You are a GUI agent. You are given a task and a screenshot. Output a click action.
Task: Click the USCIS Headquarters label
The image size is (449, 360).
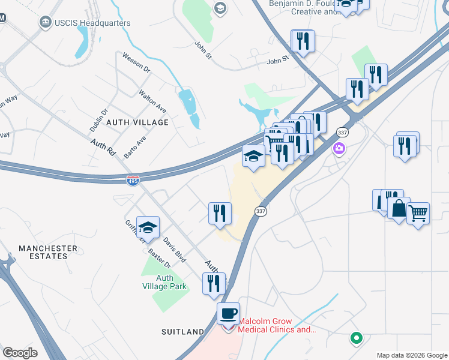pyautogui.click(x=92, y=23)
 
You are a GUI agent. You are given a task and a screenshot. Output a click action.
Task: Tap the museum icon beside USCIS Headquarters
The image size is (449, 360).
pyautogui.click(x=45, y=23)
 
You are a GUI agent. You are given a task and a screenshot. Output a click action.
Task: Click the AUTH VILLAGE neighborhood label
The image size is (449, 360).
pyautogui.click(x=137, y=122)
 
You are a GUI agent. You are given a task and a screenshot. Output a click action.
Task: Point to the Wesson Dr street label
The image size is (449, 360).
pyautogui.click(x=136, y=62)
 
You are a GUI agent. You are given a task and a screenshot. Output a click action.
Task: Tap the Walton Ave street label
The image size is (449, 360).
pyautogui.click(x=152, y=101)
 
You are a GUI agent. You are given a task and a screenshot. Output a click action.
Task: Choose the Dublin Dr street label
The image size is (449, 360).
pyautogui.click(x=98, y=120)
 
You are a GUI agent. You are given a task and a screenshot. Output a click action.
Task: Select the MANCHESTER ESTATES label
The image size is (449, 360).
pyautogui.click(x=47, y=252)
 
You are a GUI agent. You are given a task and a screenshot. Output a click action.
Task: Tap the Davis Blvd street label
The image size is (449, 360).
pyautogui.click(x=175, y=251)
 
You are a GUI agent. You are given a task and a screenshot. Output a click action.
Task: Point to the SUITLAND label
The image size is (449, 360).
pyautogui.click(x=183, y=331)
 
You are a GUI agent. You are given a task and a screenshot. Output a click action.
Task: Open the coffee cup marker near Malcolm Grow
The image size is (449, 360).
pyautogui.click(x=228, y=314)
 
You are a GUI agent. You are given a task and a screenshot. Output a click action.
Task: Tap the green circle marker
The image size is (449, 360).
pyautogui.click(x=357, y=338)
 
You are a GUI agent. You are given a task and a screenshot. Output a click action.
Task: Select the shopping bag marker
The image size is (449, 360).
pyautogui.click(x=399, y=209)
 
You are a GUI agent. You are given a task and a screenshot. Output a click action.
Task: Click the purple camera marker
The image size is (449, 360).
pyautogui.click(x=340, y=148)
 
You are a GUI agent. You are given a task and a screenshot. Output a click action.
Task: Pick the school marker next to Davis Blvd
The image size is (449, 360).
pyautogui.click(x=148, y=228)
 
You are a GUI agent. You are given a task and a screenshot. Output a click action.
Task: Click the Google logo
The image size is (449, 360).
pyautogui.click(x=20, y=353)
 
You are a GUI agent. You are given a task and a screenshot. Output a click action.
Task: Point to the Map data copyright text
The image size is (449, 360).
pyautogui.click(x=411, y=355)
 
